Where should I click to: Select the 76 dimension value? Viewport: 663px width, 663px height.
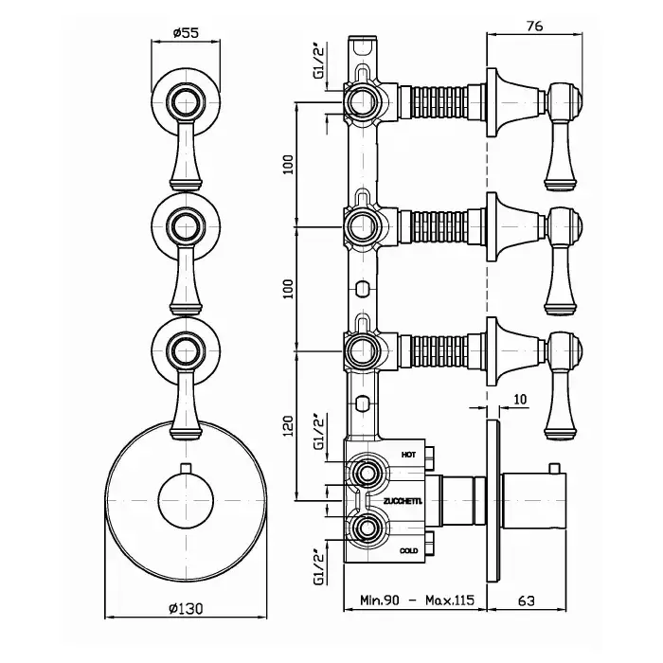click(x=534, y=26)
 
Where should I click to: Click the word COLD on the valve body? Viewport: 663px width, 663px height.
click(x=408, y=549)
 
